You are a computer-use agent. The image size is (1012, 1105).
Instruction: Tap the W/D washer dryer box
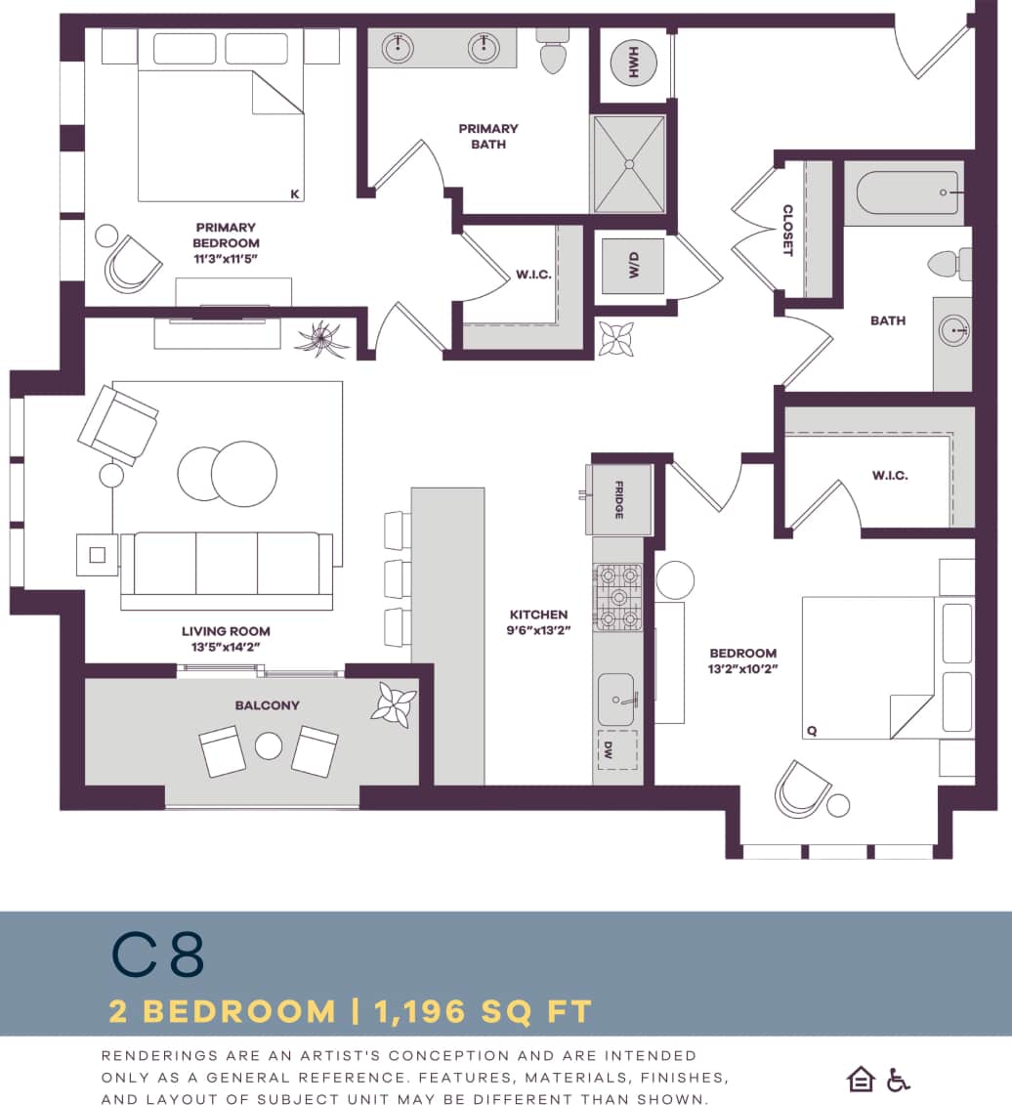pyautogui.click(x=632, y=266)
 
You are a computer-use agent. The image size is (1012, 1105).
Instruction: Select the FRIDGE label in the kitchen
pyautogui.click(x=618, y=499)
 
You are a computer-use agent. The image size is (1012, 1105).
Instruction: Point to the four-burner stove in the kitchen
pyautogui.click(x=617, y=597)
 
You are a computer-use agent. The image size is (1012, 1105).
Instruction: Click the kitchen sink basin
pyautogui.click(x=616, y=700)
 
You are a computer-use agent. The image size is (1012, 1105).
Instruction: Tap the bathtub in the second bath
pyautogui.click(x=908, y=192)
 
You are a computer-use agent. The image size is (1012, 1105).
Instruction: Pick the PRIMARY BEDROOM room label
pyautogui.click(x=226, y=235)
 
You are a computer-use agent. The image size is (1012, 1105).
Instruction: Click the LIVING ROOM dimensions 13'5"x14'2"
pyautogui.click(x=226, y=646)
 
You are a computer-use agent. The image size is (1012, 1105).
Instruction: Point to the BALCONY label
pyautogui.click(x=267, y=704)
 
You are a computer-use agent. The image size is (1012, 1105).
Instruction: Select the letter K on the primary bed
pyautogui.click(x=295, y=194)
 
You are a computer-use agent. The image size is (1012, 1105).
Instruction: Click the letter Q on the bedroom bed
pyautogui.click(x=811, y=730)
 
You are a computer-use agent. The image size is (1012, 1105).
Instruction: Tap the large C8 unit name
pyautogui.click(x=157, y=956)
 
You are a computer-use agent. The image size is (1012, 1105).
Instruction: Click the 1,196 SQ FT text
pyautogui.click(x=480, y=1011)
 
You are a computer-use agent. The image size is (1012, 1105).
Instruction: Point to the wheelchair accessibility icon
pyautogui.click(x=898, y=1080)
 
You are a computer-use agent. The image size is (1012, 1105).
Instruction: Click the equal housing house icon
pyautogui.click(x=861, y=1079)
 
